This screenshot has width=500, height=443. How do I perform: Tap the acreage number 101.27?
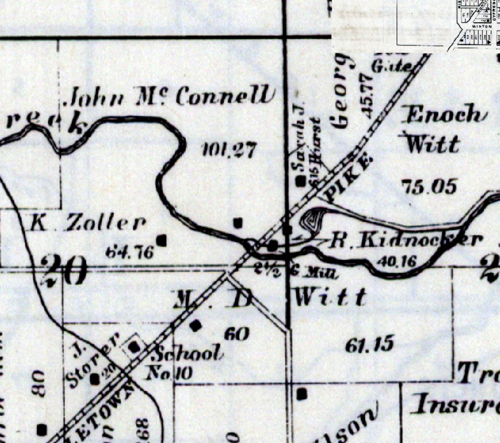229,150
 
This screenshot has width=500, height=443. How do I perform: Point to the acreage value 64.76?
129,252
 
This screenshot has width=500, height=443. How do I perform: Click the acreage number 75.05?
429,187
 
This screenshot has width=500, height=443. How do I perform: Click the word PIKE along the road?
348,179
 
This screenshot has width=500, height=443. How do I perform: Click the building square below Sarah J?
301,181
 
